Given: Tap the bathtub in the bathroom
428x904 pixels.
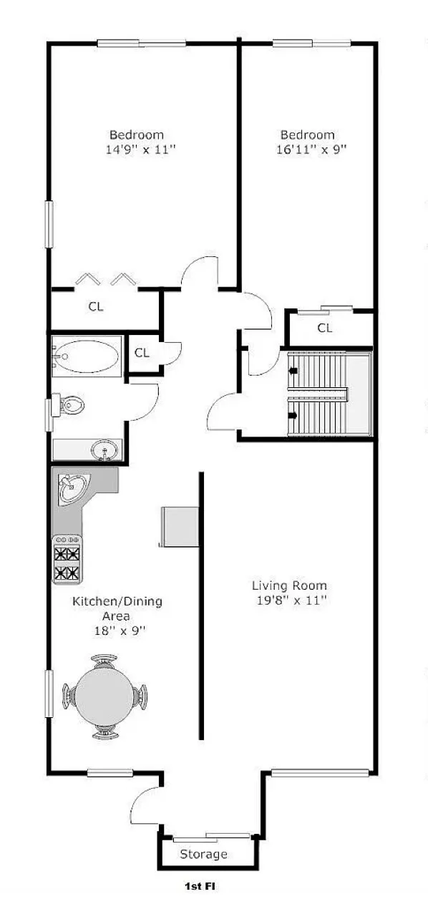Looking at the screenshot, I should [x=87, y=356].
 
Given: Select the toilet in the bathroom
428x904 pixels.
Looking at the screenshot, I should [x=72, y=405].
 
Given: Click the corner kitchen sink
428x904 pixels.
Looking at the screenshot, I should [x=72, y=489].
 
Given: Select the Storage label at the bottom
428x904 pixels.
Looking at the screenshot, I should [x=204, y=854].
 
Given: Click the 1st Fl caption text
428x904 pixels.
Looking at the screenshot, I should [x=200, y=886].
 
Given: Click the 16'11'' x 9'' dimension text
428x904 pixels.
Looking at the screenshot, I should [x=308, y=150].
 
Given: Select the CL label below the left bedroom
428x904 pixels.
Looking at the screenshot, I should [x=96, y=306].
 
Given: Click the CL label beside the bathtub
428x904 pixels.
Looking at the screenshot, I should [x=142, y=352].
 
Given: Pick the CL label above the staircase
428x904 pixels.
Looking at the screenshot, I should [x=325, y=328].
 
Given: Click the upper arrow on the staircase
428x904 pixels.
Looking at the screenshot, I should [x=293, y=371].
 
